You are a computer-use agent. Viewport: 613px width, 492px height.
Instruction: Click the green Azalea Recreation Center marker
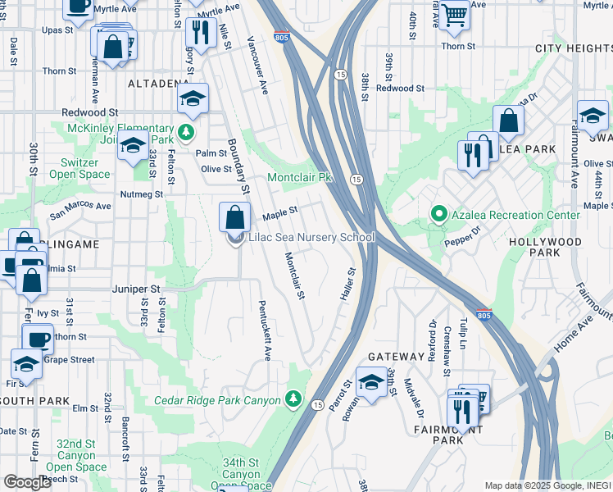pos(439,215)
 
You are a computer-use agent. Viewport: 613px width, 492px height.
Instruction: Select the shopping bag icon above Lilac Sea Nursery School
pos(234,218)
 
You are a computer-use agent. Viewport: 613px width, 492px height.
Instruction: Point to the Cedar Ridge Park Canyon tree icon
pos(294,399)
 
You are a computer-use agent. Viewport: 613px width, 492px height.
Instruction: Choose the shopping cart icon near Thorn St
pos(454,14)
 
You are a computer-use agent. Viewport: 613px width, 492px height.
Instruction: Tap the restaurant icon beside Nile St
pos(200,33)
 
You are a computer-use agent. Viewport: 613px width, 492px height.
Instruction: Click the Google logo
pos(27,482)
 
